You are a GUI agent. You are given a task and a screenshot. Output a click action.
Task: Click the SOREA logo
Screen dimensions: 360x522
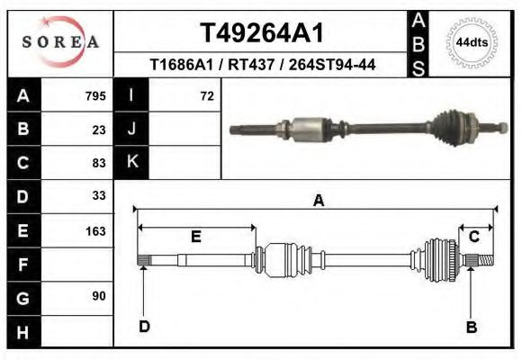point(60,42)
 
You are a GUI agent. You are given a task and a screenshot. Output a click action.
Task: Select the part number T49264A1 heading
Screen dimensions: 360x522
point(261,33)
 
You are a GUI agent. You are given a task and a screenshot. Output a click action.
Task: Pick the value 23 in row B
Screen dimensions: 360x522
point(98,130)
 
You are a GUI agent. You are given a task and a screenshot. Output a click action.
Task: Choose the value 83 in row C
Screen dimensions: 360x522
point(98,163)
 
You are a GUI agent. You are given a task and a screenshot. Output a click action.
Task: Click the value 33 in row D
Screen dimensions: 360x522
point(98,196)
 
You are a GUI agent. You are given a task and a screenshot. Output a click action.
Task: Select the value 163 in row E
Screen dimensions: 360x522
point(95,229)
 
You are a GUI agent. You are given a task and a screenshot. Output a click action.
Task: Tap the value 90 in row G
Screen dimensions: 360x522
point(98,296)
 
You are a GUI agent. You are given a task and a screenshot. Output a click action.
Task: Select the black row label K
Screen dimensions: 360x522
point(132,163)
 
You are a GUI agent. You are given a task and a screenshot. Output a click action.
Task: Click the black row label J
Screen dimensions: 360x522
point(132,130)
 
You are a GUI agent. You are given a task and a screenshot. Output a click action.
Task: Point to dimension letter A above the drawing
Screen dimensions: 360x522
point(318,201)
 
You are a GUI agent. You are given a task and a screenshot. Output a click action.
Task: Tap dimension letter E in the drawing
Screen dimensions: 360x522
point(195,237)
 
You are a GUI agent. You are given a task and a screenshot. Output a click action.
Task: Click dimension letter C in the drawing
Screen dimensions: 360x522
point(473,237)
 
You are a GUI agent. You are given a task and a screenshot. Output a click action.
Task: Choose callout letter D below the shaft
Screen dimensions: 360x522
point(144,326)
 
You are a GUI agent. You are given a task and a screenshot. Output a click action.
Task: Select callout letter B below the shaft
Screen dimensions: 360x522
point(471,327)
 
